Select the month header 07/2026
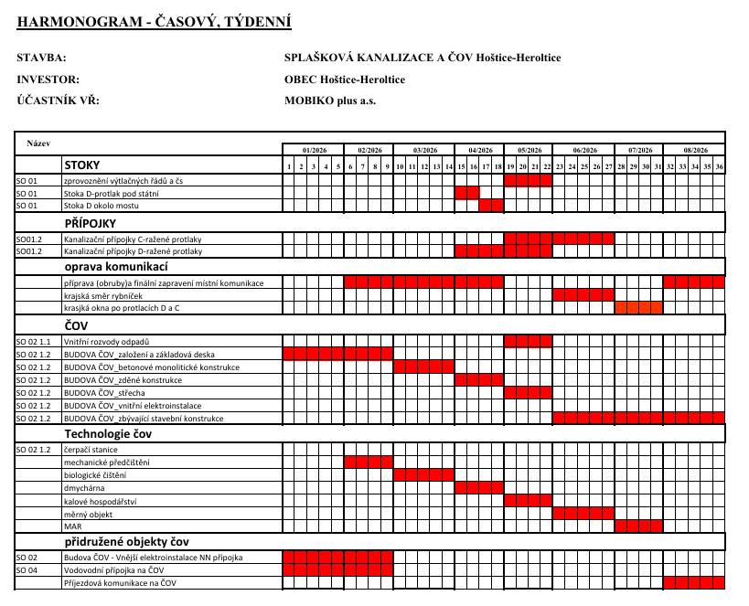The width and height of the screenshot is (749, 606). coord(639,149)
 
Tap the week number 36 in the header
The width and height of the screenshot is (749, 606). coord(719,166)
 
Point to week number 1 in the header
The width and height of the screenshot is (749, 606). coord(289,166)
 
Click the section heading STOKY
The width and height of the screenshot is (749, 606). coord(81,165)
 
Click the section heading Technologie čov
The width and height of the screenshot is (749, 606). coord(107,433)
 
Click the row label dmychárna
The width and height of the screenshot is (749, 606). coord(84,488)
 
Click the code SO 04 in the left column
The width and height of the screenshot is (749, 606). coord(27,569)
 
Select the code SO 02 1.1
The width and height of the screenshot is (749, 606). coord(34,341)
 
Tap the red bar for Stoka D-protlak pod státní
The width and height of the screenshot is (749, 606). coord(466,193)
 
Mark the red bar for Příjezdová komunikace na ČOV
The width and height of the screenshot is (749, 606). coord(693,582)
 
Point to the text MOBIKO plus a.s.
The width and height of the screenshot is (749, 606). coord(330,101)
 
